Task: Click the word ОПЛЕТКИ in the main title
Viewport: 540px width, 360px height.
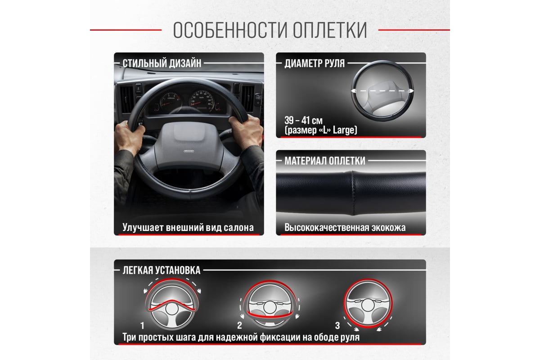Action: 329,30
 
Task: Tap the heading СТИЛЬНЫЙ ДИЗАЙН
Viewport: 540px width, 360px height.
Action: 162,63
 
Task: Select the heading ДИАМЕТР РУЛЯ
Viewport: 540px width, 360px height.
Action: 315,63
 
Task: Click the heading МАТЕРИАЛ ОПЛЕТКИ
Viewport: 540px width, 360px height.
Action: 325,161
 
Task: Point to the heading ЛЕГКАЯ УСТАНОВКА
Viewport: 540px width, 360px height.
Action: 162,270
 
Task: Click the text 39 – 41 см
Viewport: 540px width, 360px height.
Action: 303,120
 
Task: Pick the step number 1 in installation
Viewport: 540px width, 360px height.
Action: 143,326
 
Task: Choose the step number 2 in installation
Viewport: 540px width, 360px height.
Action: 239,325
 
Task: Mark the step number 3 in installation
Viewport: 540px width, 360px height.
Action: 337,325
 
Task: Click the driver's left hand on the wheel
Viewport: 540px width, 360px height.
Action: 130,137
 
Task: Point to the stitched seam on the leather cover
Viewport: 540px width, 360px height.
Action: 353,193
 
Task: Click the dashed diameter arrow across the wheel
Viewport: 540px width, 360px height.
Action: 382,91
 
